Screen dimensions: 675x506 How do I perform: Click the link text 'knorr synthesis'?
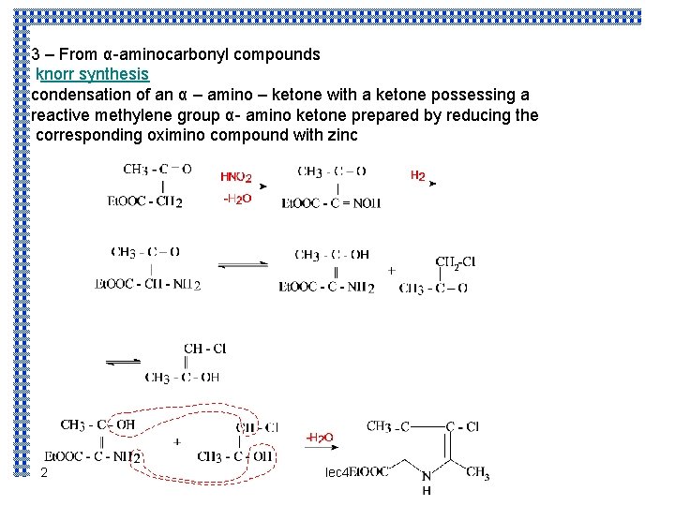(x=92, y=74)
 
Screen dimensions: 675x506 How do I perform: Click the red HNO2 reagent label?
(x=235, y=177)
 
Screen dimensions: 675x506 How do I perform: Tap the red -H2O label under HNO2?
(x=236, y=199)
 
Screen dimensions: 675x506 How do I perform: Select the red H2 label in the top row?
(x=418, y=175)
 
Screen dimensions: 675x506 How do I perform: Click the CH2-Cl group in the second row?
(x=455, y=262)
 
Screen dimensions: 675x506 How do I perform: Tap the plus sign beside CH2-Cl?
(x=391, y=270)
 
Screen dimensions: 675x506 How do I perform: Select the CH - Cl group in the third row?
(x=204, y=349)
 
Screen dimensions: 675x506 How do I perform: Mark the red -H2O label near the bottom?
(x=319, y=438)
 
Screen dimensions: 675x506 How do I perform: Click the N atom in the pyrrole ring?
(x=426, y=477)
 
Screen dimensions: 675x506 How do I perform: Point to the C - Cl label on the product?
(x=462, y=426)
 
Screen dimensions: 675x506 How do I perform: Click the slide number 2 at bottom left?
(x=44, y=474)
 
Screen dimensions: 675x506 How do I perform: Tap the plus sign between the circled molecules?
(x=177, y=440)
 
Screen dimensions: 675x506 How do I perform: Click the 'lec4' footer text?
(x=336, y=473)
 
